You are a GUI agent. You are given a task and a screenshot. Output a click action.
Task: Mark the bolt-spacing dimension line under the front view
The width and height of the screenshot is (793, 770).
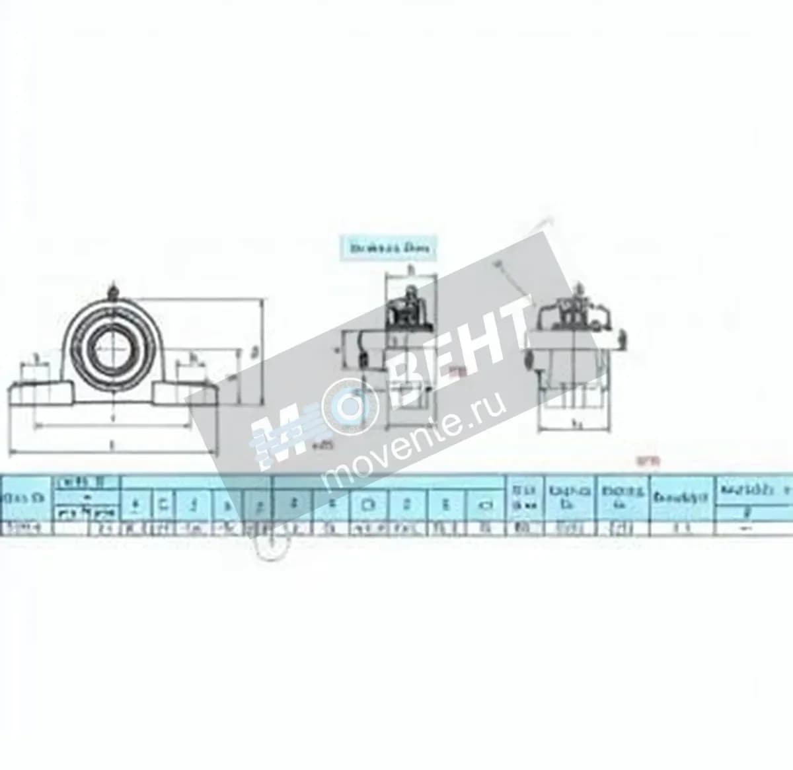[112, 424]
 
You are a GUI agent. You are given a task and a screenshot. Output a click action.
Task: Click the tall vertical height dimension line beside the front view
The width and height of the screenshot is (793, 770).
[262, 350]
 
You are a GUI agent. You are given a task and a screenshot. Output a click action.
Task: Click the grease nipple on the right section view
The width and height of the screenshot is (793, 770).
[580, 289]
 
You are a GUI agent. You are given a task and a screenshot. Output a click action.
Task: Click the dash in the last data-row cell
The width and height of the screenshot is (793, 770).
[747, 527]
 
